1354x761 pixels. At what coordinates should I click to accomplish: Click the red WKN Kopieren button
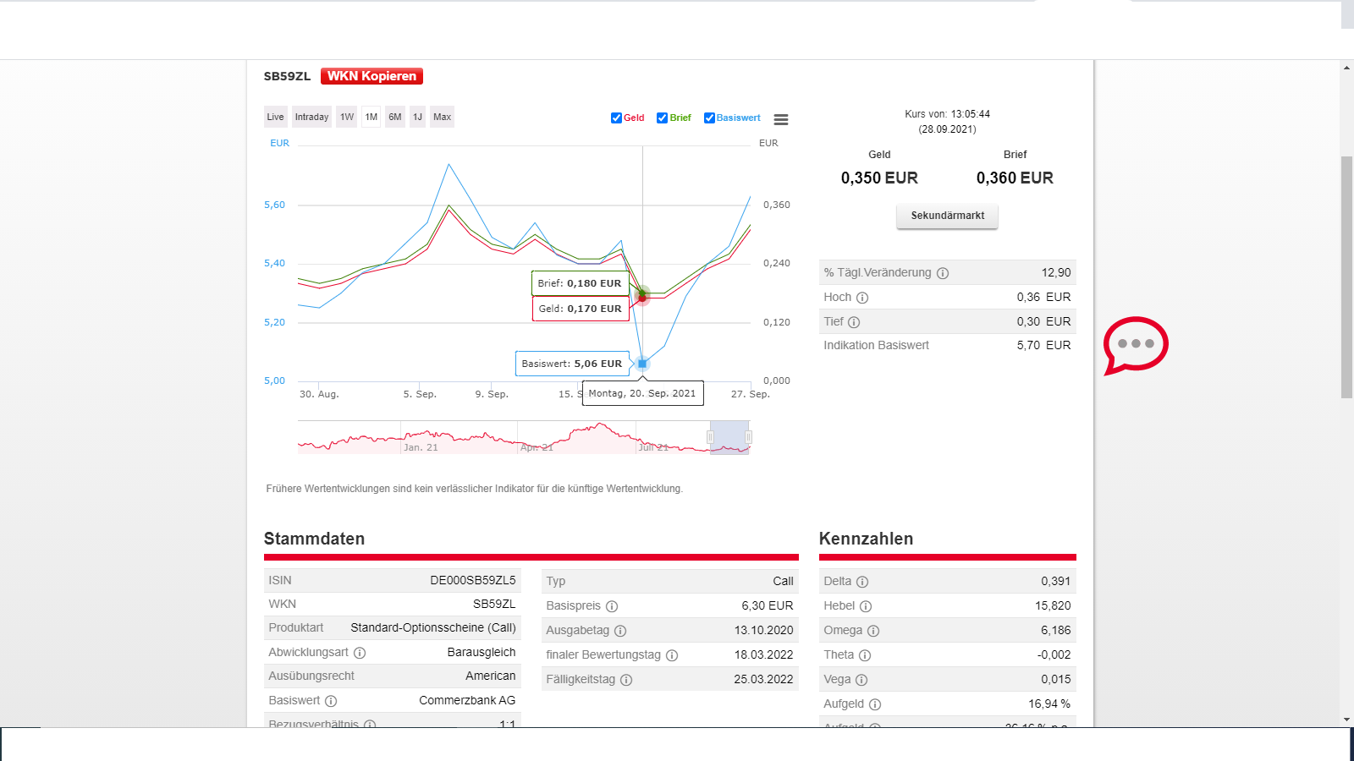[x=372, y=76]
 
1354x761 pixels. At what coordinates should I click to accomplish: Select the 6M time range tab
[x=395, y=117]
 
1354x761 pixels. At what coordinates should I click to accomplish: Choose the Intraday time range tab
[x=311, y=117]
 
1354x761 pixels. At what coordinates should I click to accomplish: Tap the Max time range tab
[x=442, y=117]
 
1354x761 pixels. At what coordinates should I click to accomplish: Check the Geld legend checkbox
[x=616, y=118]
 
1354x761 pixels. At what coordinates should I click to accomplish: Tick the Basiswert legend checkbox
[x=709, y=118]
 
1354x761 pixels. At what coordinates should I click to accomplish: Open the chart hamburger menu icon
[x=781, y=120]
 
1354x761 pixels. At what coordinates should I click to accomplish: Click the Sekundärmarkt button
[x=947, y=216]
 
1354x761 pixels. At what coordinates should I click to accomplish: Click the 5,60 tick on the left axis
[x=274, y=205]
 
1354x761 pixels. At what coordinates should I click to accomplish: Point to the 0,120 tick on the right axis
[x=776, y=322]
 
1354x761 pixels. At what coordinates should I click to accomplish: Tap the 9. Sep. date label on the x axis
[x=492, y=394]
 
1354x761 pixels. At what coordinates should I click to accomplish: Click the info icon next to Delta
[x=862, y=582]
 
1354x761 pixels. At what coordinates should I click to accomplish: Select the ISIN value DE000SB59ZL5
[x=472, y=580]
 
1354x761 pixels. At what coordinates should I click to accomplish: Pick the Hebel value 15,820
[x=1053, y=605]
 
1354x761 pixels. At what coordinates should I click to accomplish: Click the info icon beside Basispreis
[x=612, y=606]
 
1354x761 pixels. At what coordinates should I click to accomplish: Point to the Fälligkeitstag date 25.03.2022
[x=763, y=679]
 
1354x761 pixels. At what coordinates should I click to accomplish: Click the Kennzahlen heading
[x=866, y=539]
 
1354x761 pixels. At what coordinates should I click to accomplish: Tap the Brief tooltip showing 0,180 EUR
[x=580, y=283]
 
